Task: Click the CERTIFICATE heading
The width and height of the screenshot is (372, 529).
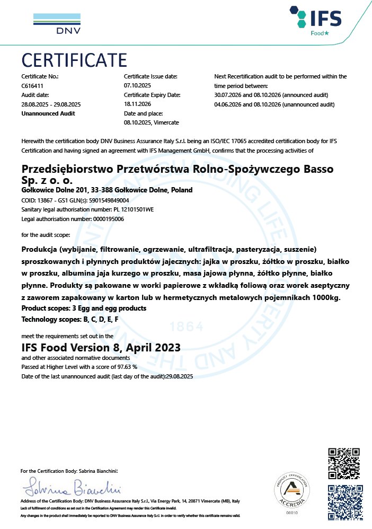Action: (x=74, y=59)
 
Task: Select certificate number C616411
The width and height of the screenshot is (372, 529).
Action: (x=32, y=85)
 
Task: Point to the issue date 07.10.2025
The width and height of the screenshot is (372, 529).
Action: (x=137, y=85)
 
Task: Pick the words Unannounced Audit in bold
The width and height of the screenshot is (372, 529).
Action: (x=48, y=113)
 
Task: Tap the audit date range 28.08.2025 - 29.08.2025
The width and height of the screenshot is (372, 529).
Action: (x=50, y=104)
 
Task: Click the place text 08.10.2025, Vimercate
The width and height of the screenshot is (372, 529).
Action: (x=151, y=123)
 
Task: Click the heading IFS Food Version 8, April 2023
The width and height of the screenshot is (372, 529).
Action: (x=101, y=348)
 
